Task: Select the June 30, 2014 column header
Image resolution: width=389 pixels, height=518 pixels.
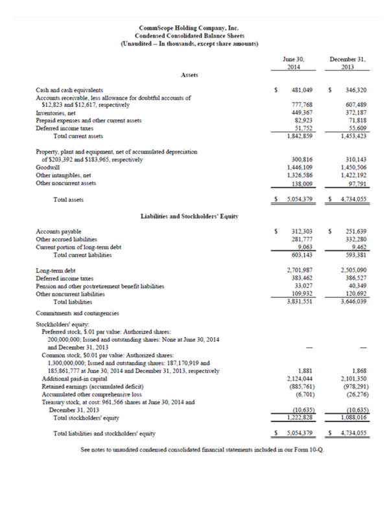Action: click(x=294, y=62)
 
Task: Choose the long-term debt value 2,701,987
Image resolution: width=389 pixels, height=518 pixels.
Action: click(x=300, y=269)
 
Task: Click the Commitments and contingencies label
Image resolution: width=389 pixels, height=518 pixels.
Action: click(x=77, y=312)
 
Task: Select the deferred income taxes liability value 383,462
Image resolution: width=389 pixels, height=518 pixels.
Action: click(x=301, y=277)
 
